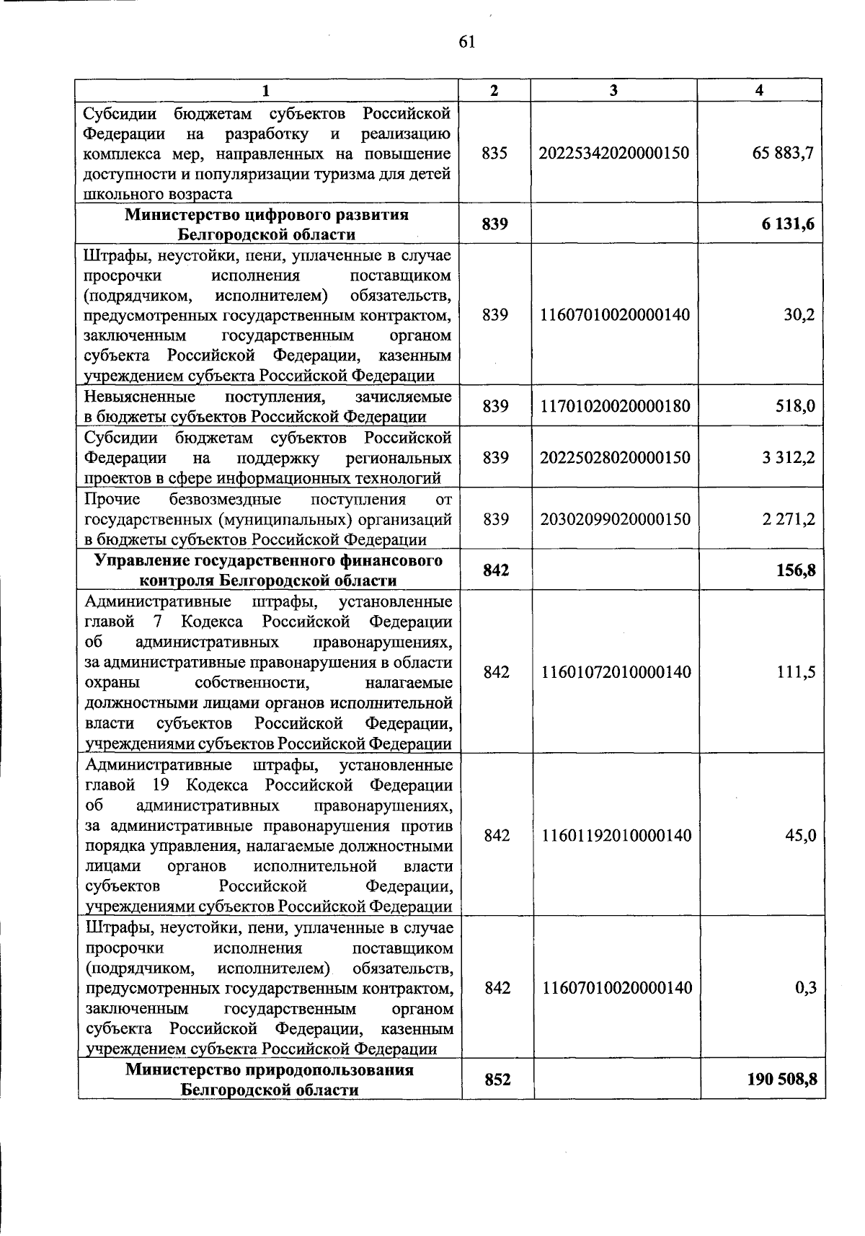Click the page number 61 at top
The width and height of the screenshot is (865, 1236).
(x=466, y=42)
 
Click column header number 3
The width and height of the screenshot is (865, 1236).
(x=613, y=90)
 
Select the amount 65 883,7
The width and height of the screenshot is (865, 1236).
(x=783, y=153)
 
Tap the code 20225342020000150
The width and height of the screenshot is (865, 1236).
(x=614, y=153)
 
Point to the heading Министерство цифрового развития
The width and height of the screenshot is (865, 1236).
(x=267, y=215)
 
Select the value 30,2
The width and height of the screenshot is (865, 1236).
(x=799, y=315)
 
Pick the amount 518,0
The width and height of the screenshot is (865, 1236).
(x=796, y=407)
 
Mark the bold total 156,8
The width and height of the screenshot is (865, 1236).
(x=797, y=570)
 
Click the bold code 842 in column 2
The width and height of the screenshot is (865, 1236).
(x=496, y=570)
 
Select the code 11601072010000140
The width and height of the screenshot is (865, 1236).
(x=616, y=672)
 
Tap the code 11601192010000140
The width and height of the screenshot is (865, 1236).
(x=616, y=835)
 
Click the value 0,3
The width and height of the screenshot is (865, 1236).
(x=805, y=987)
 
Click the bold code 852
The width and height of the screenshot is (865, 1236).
(x=497, y=1080)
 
